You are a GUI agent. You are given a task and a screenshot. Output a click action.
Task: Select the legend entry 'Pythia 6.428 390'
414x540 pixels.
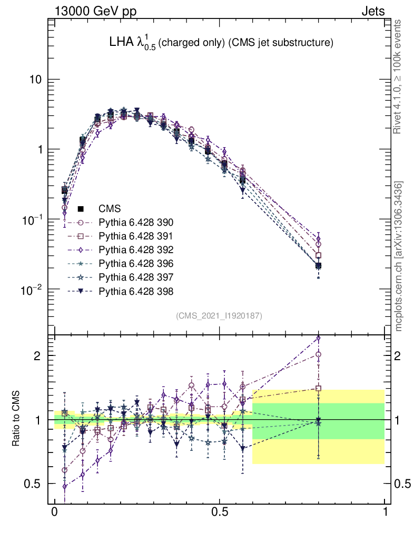tap(136, 222)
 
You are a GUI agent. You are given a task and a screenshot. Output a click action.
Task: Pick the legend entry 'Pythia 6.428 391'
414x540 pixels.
tap(136, 236)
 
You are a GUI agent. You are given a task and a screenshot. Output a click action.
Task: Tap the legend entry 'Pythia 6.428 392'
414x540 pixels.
tap(136, 249)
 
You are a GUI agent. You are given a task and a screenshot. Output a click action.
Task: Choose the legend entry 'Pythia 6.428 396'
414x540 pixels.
tap(136, 263)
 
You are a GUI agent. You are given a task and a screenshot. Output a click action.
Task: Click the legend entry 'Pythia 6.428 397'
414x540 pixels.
tap(136, 277)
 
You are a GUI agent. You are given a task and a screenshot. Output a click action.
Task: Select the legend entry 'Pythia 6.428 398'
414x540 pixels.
tap(136, 291)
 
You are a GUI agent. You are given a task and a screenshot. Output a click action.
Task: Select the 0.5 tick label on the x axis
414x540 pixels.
tap(220, 513)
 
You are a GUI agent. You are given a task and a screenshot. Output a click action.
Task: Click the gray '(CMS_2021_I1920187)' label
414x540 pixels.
tap(219, 315)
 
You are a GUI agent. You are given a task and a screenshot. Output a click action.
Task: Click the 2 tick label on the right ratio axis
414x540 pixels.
tap(399, 355)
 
